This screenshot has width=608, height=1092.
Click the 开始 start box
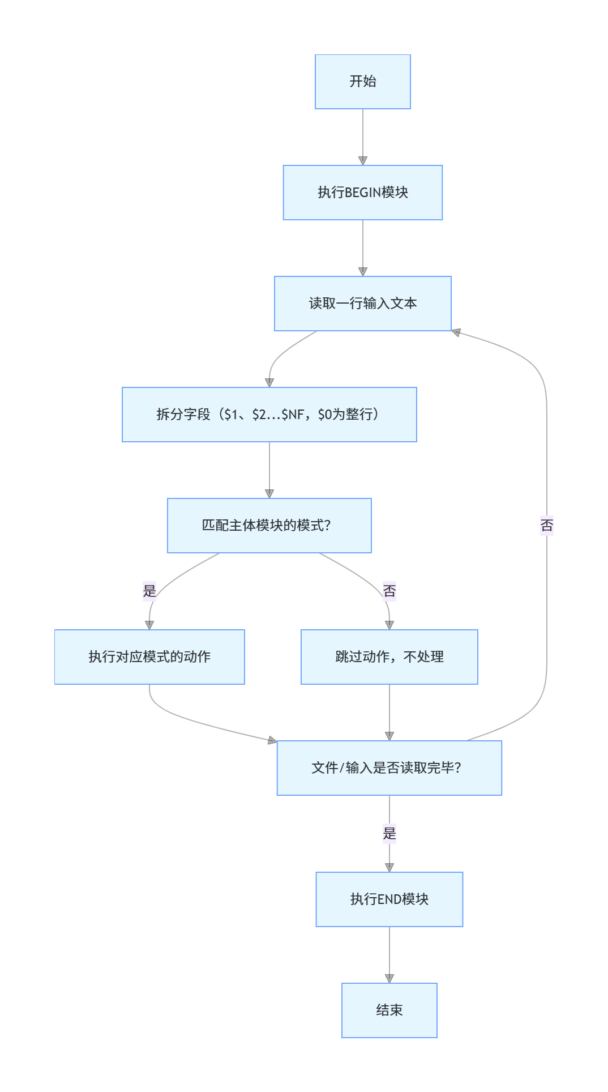click(362, 82)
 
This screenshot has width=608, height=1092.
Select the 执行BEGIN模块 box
click(362, 193)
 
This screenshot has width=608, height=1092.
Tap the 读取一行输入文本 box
click(362, 304)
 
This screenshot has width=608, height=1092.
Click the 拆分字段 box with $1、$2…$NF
click(269, 415)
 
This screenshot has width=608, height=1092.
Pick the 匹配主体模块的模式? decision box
click(269, 526)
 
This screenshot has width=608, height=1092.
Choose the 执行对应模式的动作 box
click(149, 657)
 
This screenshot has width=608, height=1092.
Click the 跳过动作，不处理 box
click(389, 657)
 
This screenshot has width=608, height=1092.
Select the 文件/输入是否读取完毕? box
click(389, 768)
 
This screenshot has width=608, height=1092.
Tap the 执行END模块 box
click(389, 899)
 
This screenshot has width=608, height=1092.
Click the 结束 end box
click(389, 1010)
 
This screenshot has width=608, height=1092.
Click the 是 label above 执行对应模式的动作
click(149, 591)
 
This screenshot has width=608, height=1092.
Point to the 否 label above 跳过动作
click(389, 591)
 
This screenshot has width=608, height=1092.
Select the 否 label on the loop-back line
click(546, 526)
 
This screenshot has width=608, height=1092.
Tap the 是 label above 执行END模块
click(389, 834)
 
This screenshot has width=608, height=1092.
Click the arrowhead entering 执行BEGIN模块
click(363, 161)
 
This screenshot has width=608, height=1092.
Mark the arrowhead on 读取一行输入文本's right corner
click(456, 332)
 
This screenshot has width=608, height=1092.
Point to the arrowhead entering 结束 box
click(389, 979)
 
